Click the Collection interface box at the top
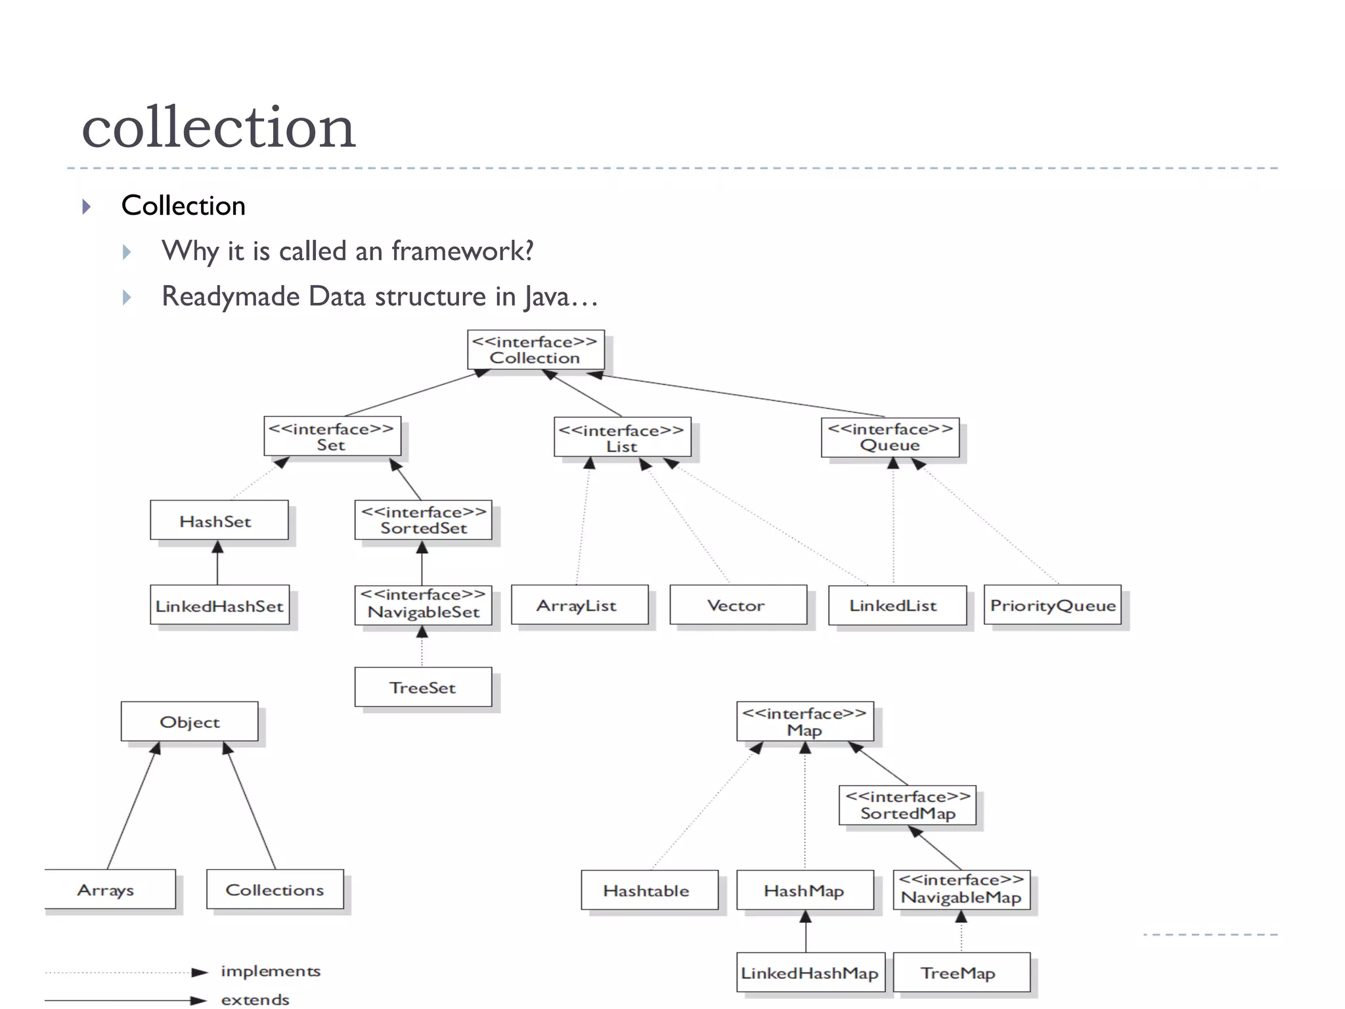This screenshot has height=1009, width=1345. pyautogui.click(x=535, y=350)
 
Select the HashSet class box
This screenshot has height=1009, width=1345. pyautogui.click(x=219, y=521)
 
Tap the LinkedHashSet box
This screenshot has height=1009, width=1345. pyautogui.click(x=219, y=606)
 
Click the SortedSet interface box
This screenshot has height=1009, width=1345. pyautogui.click(x=423, y=520)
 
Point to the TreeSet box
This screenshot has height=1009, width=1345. pyautogui.click(x=423, y=688)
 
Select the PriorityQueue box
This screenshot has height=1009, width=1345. pyautogui.click(x=1052, y=605)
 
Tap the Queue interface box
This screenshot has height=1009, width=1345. pyautogui.click(x=890, y=437)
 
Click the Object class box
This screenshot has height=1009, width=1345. pyautogui.click(x=190, y=722)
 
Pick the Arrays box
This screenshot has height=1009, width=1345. pyautogui.click(x=108, y=890)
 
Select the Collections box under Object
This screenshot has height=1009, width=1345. pyautogui.click(x=275, y=890)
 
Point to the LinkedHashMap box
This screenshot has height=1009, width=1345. pyautogui.click(x=810, y=973)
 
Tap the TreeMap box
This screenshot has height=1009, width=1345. pyautogui.click(x=960, y=973)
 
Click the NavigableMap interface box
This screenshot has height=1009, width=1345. pyautogui.click(x=961, y=889)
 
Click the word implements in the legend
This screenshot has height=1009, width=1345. pyautogui.click(x=271, y=971)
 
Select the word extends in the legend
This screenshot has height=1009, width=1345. pyautogui.click(x=255, y=1000)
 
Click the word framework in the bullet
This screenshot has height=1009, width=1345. pyautogui.click(x=462, y=251)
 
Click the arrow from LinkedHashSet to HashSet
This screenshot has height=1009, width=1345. pyautogui.click(x=217, y=563)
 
